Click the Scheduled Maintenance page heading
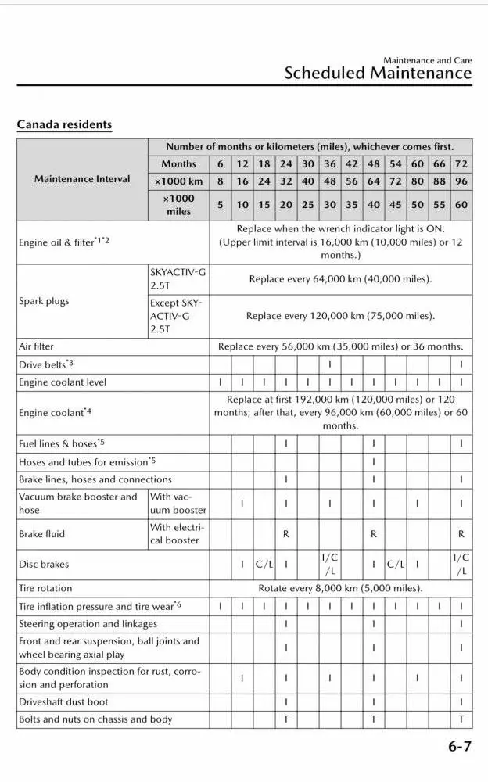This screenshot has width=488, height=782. [378, 74]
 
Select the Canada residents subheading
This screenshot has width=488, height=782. [64, 124]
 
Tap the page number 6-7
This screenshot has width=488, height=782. [460, 747]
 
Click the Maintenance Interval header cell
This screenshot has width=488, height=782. [82, 179]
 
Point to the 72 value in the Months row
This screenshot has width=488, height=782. [461, 164]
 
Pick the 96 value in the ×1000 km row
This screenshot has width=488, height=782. [461, 181]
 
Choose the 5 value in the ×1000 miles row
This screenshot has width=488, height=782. [221, 205]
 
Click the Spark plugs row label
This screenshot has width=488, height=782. [44, 301]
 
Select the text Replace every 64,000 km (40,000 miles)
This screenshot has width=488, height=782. [340, 279]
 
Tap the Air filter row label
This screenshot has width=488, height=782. [37, 346]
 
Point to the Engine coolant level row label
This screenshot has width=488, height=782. [63, 382]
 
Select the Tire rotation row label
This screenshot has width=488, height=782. [45, 588]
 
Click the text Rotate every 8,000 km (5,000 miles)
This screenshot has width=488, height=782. [340, 588]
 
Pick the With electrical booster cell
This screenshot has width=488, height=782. [178, 534]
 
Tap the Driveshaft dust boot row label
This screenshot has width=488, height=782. [63, 702]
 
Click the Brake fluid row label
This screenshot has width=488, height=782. [42, 534]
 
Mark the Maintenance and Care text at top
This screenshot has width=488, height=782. [427, 60]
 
